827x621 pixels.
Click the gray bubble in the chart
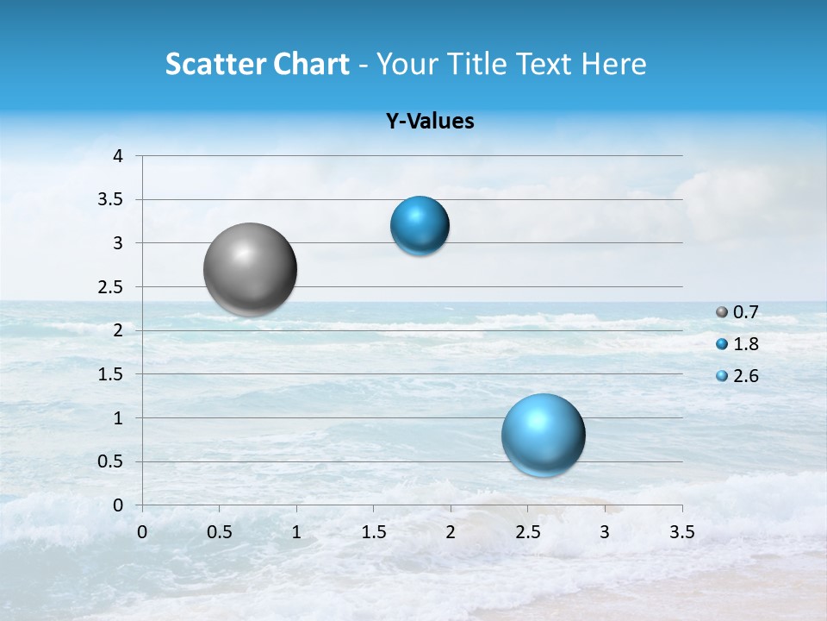[251, 269]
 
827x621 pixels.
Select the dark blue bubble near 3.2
[420, 226]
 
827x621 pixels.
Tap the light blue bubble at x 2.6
[544, 435]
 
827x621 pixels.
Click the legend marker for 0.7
[722, 312]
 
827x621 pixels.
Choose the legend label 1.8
[745, 344]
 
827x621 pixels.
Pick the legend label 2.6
[745, 376]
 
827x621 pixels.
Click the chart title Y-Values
[430, 122]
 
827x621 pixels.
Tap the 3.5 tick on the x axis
[682, 532]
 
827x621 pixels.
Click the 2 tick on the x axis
[451, 532]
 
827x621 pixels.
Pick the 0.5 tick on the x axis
[220, 532]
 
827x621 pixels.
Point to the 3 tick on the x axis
[605, 532]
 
